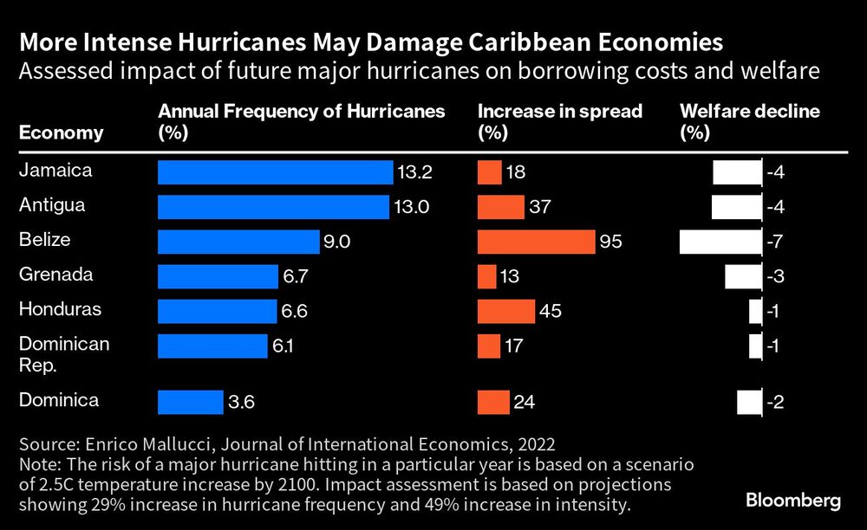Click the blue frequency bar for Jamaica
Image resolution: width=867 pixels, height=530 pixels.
(x=275, y=172)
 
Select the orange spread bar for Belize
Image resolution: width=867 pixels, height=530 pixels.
(x=536, y=242)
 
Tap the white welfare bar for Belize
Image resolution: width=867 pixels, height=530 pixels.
(x=720, y=242)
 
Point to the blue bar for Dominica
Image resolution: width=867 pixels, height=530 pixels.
(x=191, y=402)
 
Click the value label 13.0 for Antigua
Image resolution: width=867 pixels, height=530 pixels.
(x=413, y=208)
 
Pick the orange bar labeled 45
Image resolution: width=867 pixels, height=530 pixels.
(x=506, y=311)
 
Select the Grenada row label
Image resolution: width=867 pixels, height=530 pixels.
(x=50, y=275)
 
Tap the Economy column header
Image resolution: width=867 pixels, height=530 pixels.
(x=61, y=132)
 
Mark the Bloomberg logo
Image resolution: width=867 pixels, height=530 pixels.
(x=794, y=501)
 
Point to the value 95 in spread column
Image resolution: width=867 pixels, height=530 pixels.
(x=610, y=242)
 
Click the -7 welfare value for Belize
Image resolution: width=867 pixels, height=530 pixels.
(x=776, y=242)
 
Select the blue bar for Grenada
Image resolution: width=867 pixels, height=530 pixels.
(x=218, y=276)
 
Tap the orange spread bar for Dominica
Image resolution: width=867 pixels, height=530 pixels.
(x=493, y=402)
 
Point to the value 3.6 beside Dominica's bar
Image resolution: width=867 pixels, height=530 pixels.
(x=242, y=403)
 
